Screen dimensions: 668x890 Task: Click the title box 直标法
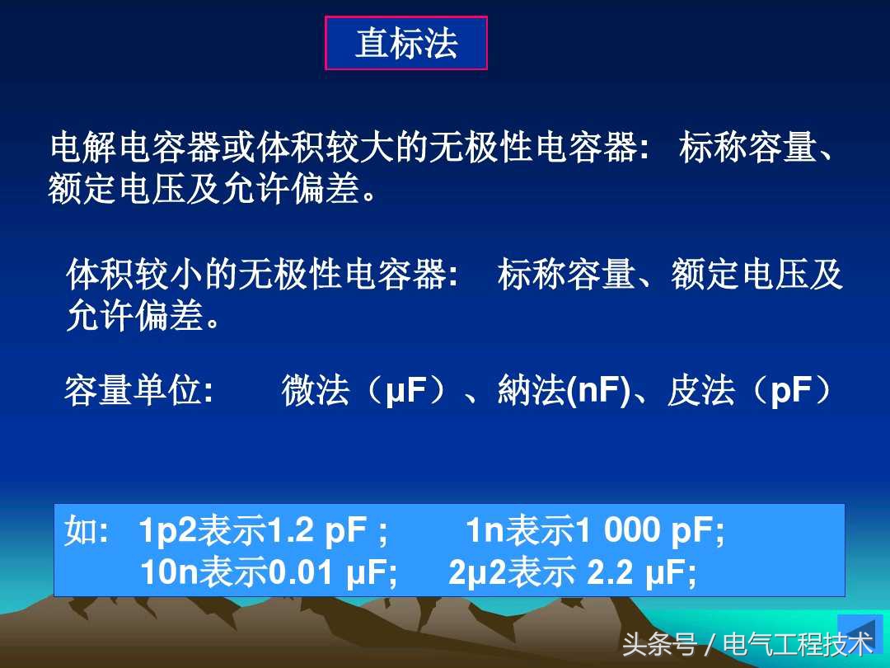click(406, 43)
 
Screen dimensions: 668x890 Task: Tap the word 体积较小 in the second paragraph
click(134, 275)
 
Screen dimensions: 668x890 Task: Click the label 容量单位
click(133, 390)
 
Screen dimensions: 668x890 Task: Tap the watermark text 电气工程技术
click(798, 644)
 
